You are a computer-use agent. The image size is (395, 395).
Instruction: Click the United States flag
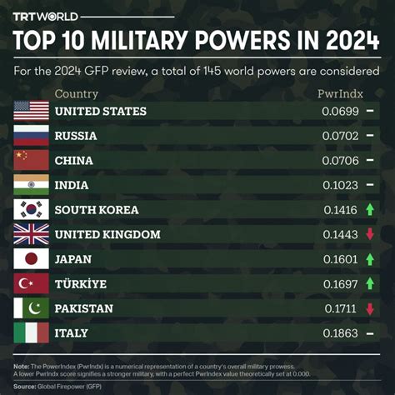point(32,111)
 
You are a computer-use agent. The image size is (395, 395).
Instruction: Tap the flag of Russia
point(32,135)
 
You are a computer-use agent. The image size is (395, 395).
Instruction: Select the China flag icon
point(32,160)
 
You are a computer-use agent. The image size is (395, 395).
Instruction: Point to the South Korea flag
point(32,209)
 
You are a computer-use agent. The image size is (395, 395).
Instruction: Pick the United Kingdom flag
point(32,234)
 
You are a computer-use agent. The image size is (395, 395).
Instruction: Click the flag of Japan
point(32,259)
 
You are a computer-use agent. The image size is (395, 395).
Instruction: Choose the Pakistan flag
point(32,308)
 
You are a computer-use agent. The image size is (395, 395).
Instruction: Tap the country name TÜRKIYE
point(81,284)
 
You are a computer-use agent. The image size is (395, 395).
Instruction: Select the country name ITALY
point(72,333)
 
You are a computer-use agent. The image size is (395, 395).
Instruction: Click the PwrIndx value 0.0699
point(342,111)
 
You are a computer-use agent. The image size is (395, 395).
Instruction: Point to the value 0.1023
point(342,185)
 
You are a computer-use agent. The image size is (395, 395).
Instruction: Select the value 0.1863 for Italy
point(342,333)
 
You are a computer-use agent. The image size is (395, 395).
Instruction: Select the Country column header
point(77,94)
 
